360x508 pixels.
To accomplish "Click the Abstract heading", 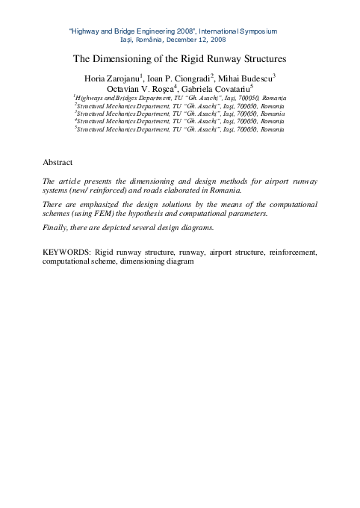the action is point(58,161).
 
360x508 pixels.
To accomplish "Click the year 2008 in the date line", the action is point(215,39).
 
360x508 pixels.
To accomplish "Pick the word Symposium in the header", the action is point(255,31).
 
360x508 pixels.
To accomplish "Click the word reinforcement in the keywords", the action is point(294,253).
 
